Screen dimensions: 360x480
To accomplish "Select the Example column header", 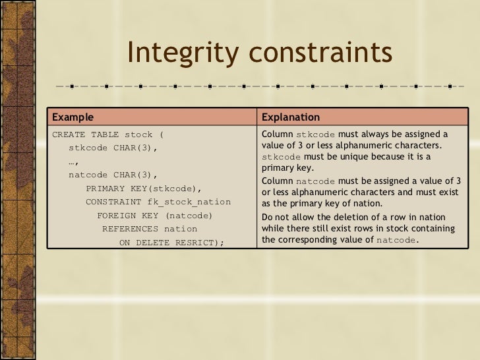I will (73, 118).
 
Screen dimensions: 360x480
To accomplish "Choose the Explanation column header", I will (291, 118).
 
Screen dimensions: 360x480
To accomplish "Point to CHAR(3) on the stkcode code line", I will (135, 148).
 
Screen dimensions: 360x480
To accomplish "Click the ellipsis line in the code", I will (74, 162).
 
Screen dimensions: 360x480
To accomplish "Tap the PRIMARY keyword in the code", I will (107, 189).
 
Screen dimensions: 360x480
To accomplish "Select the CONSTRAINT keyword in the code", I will (113, 202).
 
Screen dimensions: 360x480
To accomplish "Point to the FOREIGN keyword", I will (119, 216).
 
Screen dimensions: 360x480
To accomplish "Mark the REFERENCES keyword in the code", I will (129, 229).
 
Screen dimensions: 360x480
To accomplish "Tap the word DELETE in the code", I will (154, 243).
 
